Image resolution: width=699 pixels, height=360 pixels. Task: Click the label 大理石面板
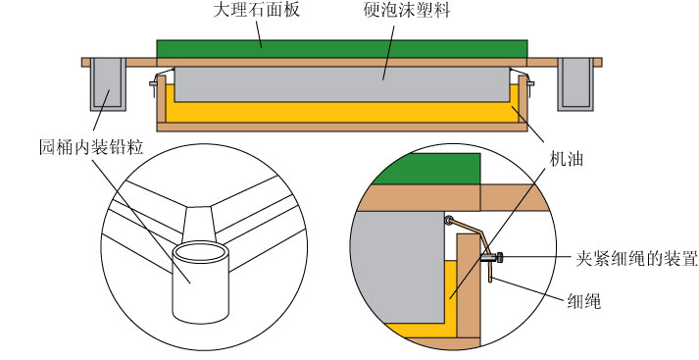pos(256,10)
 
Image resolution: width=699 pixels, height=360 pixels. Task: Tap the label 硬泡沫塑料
pos(406,10)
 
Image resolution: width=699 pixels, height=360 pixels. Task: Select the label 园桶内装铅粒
pos(91,146)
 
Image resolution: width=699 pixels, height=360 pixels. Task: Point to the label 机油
pos(566,159)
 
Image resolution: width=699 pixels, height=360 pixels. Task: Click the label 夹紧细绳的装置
pos(636,258)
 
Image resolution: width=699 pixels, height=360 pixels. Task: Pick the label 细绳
pos(584,301)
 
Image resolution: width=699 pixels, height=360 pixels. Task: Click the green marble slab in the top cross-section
pos(342,49)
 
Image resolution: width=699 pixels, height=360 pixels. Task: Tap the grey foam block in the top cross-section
pos(342,84)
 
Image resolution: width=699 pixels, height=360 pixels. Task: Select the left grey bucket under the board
pos(108,84)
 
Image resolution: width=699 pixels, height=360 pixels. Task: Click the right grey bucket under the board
pos(575,84)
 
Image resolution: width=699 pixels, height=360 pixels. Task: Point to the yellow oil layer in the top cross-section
pos(342,113)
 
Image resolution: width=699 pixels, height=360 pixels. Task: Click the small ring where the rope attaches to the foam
pos(448,220)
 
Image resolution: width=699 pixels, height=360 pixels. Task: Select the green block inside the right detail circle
pos(425,169)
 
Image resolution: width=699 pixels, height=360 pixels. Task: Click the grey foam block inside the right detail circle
pos(398,267)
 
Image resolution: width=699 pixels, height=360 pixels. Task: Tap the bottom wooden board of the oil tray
pos(342,128)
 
